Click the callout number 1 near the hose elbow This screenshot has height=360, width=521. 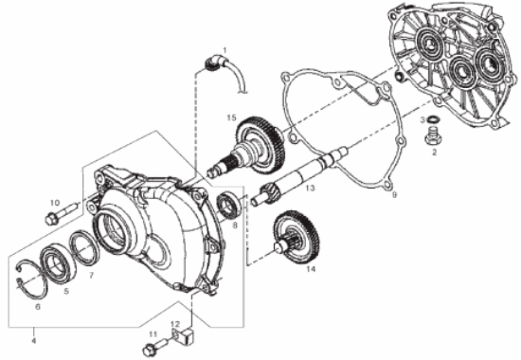225,50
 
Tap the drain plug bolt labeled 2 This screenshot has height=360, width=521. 431,136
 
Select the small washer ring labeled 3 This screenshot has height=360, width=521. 432,119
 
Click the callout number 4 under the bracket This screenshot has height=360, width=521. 33,341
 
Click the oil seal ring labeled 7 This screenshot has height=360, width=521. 84,248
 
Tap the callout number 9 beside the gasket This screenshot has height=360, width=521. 394,195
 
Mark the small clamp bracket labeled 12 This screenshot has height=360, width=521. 183,334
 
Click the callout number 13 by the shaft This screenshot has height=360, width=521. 310,189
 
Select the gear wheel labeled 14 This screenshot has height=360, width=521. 296,237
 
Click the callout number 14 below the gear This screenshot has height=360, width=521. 311,269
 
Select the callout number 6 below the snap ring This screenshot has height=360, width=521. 38,307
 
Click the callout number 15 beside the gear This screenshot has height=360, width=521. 231,117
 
